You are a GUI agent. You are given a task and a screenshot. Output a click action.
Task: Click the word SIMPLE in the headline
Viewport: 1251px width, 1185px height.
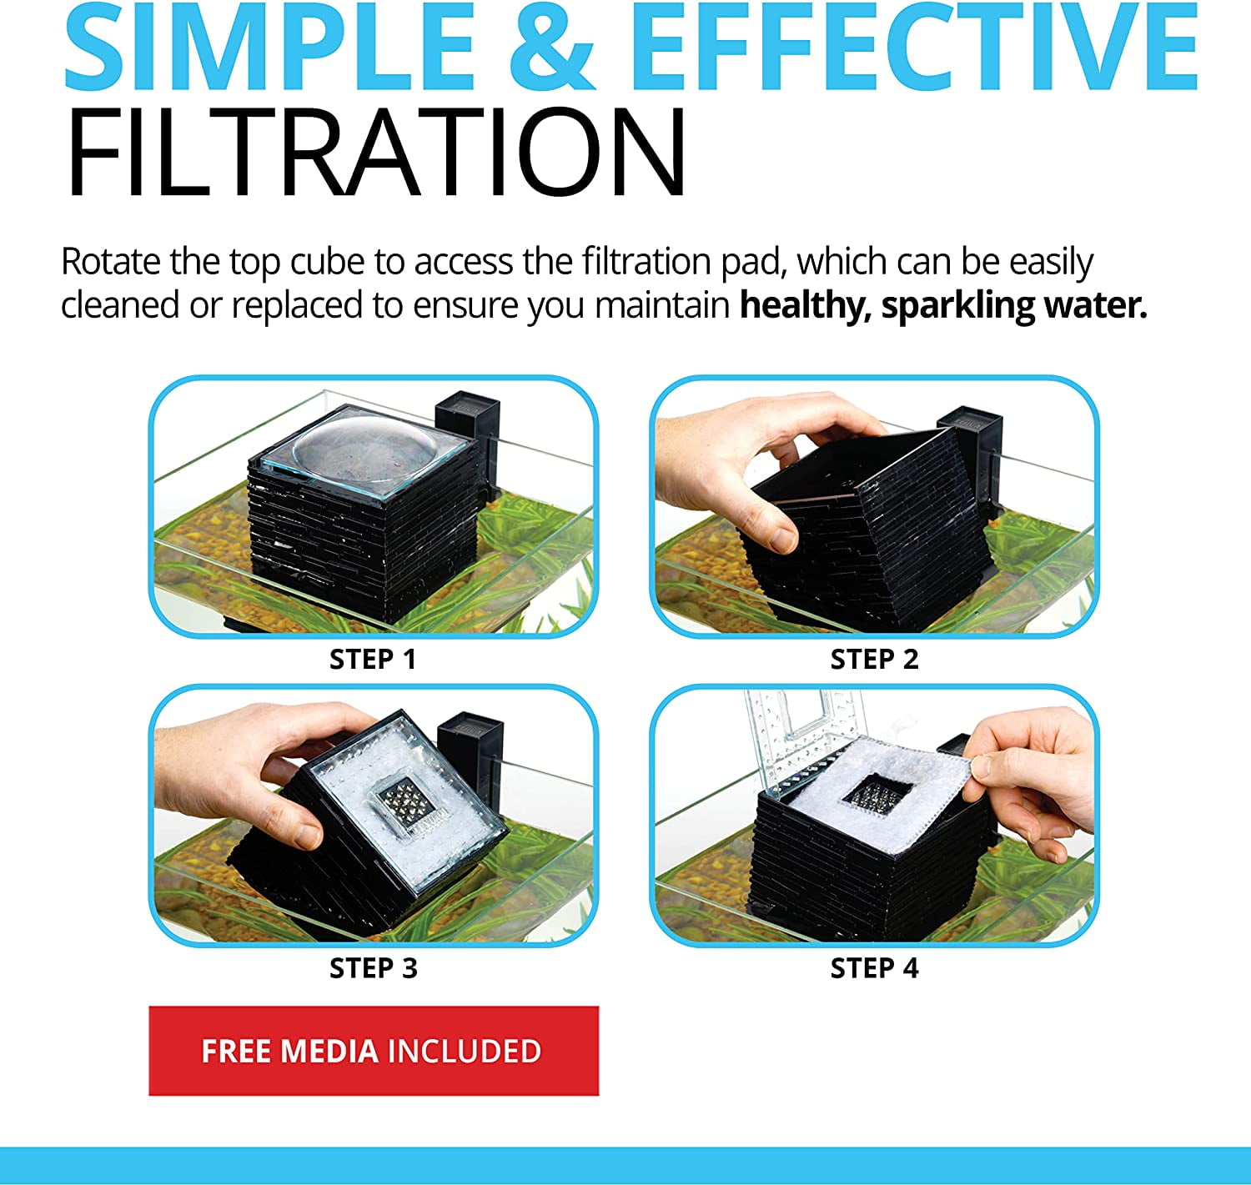pos(269,47)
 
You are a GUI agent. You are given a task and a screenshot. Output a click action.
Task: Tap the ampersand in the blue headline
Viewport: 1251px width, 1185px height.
pos(551,47)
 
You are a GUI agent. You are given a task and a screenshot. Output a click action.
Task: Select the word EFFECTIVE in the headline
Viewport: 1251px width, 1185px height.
pos(914,47)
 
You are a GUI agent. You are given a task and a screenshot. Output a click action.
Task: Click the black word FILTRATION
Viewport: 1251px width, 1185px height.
pos(375,153)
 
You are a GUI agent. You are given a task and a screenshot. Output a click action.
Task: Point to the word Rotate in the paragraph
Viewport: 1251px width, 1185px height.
pos(110,262)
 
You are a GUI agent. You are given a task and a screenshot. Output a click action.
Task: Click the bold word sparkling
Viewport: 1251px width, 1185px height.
pos(957,306)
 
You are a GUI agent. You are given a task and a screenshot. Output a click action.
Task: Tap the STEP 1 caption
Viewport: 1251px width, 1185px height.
pos(373,660)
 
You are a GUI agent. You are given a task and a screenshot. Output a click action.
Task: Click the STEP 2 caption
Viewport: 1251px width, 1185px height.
pos(874,660)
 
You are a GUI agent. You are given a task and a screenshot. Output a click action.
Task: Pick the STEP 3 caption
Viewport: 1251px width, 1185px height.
pos(374,969)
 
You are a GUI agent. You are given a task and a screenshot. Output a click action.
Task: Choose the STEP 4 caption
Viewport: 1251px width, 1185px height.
pos(874,969)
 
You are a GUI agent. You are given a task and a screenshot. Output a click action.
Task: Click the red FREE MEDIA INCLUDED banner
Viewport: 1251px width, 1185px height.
pos(374,1051)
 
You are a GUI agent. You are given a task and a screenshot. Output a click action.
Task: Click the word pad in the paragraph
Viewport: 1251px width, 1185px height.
pos(751,263)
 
